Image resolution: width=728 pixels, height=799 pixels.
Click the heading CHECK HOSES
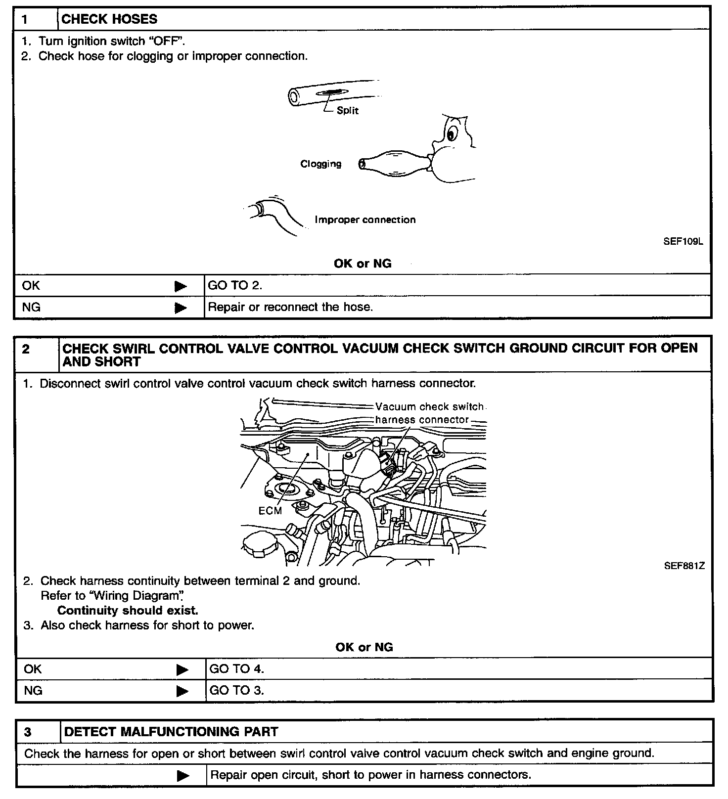pyautogui.click(x=109, y=19)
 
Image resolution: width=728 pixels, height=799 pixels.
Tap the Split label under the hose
pyautogui.click(x=347, y=111)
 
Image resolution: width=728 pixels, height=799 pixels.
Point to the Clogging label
pyautogui.click(x=321, y=164)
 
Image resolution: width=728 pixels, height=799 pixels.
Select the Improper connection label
pyautogui.click(x=365, y=220)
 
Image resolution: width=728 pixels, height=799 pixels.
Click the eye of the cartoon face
pyautogui.click(x=451, y=133)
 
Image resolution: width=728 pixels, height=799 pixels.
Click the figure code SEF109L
pyautogui.click(x=683, y=242)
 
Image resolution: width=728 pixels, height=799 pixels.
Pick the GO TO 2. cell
pyautogui.click(x=235, y=285)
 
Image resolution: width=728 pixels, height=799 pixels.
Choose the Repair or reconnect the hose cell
pyautogui.click(x=290, y=307)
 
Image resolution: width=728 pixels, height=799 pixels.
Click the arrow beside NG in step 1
pyautogui.click(x=181, y=308)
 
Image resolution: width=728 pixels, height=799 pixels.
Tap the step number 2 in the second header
pyautogui.click(x=26, y=350)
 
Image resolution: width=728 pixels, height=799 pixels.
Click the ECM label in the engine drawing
pyautogui.click(x=270, y=511)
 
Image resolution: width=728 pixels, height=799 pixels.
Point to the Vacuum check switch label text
pyautogui.click(x=429, y=407)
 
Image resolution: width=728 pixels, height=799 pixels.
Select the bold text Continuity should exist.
pyautogui.click(x=128, y=611)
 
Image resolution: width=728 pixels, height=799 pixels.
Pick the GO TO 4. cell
pyautogui.click(x=237, y=669)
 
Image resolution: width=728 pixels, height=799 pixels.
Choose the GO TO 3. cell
pyautogui.click(x=237, y=691)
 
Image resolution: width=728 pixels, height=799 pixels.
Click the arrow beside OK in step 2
pyautogui.click(x=182, y=669)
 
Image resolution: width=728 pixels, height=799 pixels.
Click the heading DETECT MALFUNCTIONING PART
pyautogui.click(x=171, y=732)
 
